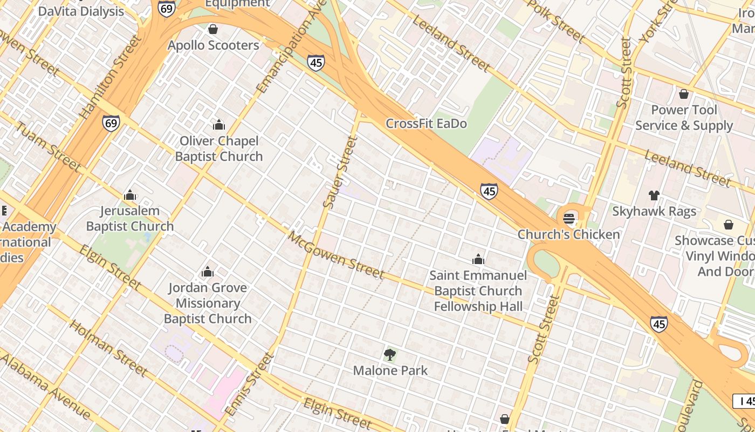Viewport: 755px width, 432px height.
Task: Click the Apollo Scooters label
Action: [214, 45]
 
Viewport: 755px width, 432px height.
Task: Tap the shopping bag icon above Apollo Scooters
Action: [213, 29]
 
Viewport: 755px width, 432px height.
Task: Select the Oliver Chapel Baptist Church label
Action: [219, 148]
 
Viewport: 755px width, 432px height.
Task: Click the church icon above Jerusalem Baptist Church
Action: [130, 195]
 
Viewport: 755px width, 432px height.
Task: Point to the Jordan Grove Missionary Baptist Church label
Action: [208, 303]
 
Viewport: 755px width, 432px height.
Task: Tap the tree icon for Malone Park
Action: [390, 355]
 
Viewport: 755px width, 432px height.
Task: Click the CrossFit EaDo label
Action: [426, 124]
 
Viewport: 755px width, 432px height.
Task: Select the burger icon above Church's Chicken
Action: [569, 219]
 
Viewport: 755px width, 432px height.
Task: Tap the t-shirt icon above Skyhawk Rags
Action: [654, 195]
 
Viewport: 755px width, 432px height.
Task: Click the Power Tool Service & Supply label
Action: [684, 118]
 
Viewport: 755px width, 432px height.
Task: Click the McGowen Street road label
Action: [336, 255]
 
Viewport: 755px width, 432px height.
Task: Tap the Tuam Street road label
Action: [47, 147]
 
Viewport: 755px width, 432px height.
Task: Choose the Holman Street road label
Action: [108, 348]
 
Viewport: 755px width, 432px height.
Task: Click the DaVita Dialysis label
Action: [81, 11]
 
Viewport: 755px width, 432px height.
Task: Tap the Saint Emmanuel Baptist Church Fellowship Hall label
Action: [478, 291]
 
